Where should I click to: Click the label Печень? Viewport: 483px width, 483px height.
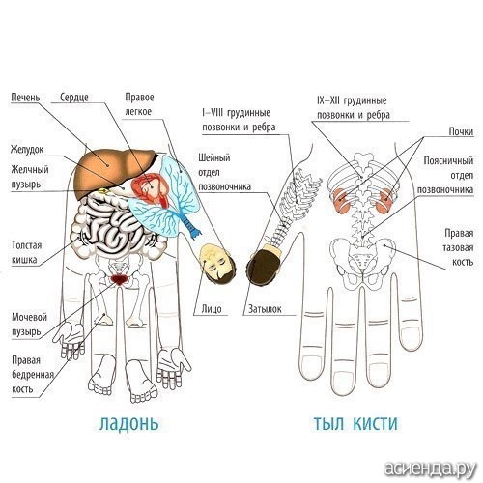pyautogui.click(x=25, y=97)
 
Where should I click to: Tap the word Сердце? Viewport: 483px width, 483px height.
pyautogui.click(x=74, y=98)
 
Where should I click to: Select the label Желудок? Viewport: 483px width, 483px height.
pyautogui.click(x=27, y=150)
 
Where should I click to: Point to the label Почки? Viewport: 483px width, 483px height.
pyautogui.click(x=461, y=131)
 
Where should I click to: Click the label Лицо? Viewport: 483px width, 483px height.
pyautogui.click(x=212, y=309)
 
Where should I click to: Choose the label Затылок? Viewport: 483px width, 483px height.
pyautogui.click(x=265, y=309)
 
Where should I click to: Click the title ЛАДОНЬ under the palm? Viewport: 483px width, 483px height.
pyautogui.click(x=128, y=423)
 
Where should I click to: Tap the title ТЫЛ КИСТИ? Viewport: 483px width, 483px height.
pyautogui.click(x=355, y=423)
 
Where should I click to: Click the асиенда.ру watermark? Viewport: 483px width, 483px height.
pyautogui.click(x=431, y=469)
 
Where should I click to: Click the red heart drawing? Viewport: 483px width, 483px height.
pyautogui.click(x=151, y=189)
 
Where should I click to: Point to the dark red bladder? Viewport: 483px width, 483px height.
pyautogui.click(x=119, y=279)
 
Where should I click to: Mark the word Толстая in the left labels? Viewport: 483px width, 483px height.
pyautogui.click(x=27, y=245)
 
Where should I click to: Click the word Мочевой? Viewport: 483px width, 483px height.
pyautogui.click(x=29, y=317)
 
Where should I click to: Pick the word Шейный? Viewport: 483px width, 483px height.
pyautogui.click(x=214, y=157)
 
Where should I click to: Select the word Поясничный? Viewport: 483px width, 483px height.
pyautogui.click(x=448, y=160)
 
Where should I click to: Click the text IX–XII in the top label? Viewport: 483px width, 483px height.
pyautogui.click(x=328, y=100)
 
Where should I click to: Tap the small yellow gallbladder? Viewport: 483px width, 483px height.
pyautogui.click(x=103, y=190)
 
